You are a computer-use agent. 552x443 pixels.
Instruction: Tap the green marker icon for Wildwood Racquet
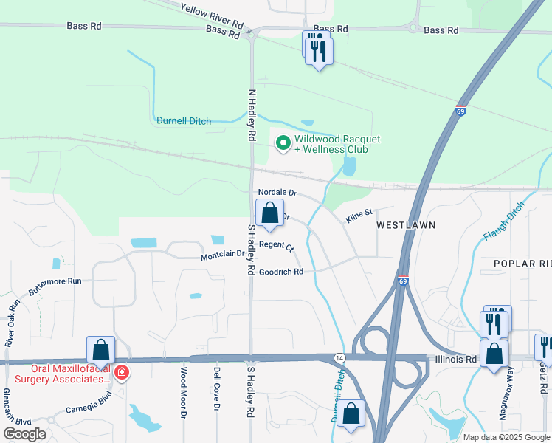pos(282,142)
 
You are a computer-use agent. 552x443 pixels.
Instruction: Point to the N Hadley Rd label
pos(252,117)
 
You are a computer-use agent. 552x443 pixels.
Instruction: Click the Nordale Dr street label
pos(277,193)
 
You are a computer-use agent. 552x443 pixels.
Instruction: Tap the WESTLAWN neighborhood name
pos(406,224)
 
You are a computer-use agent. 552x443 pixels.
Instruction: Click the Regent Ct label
pos(276,247)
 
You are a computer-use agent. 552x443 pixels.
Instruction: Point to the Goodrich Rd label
pos(281,272)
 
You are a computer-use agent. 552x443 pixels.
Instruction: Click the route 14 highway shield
pos(338,358)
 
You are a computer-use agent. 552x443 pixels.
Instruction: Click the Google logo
pos(24,434)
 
